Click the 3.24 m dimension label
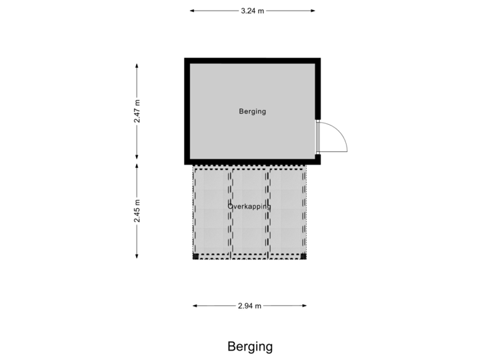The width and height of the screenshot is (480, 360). (252, 11)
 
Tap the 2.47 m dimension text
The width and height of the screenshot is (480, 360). (137, 111)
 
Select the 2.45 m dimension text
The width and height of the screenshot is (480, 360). (137, 211)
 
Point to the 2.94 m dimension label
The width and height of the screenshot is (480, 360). (249, 306)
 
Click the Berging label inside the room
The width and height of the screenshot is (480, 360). (253, 111)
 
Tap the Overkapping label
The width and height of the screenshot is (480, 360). (249, 207)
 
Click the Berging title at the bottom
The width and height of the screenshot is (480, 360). (250, 347)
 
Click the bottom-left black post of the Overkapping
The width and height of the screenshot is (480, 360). (195, 257)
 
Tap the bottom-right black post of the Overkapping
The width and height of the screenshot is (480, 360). (303, 257)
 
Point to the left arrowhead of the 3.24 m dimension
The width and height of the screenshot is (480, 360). (192, 11)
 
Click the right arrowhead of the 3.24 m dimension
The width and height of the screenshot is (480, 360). (313, 11)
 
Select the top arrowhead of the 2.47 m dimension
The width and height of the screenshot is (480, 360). (137, 66)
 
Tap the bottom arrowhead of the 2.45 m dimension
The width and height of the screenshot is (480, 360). (137, 256)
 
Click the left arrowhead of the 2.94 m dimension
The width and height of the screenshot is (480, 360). (195, 305)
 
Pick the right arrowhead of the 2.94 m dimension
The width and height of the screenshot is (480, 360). (304, 305)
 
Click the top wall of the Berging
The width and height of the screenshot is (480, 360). (253, 61)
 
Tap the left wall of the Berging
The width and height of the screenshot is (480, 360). (187, 111)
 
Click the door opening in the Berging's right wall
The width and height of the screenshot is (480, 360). (318, 137)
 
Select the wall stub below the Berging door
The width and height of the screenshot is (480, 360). (318, 159)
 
